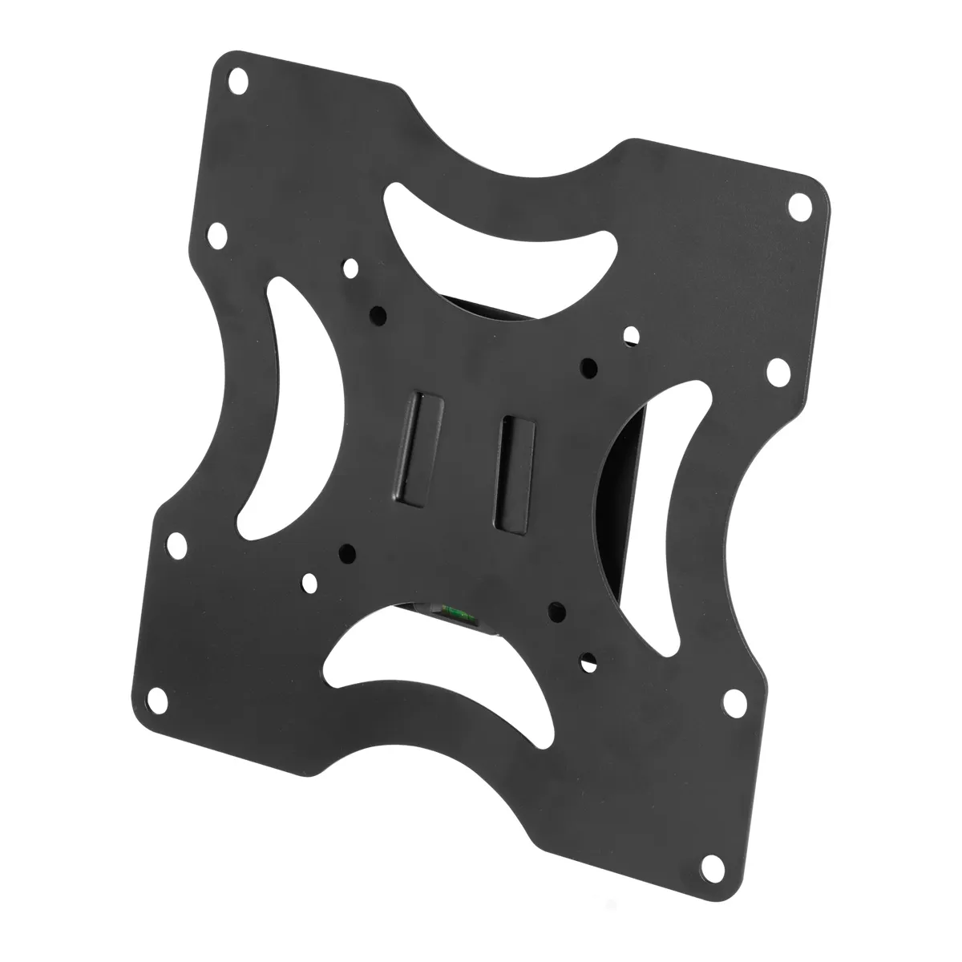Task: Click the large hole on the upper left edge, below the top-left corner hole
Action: coord(216,236)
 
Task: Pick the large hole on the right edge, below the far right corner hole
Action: coord(777,370)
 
